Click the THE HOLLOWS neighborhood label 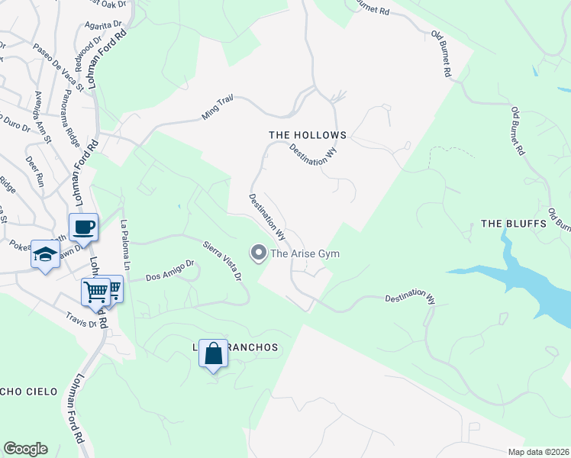(308, 135)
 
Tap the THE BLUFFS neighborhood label (514, 224)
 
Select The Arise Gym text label (305, 253)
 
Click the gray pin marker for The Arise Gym (259, 253)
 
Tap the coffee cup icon (83, 227)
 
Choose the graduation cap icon (45, 253)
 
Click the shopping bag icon (213, 353)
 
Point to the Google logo (25, 449)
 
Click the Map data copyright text (539, 452)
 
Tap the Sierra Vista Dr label (222, 260)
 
